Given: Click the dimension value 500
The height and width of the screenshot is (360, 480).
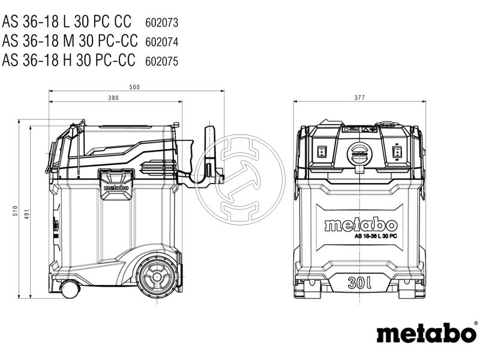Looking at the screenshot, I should pos(134,88).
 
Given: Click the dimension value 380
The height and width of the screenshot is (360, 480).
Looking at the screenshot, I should pos(113,98).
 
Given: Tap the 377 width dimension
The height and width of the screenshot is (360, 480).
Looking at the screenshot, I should pos(359,98).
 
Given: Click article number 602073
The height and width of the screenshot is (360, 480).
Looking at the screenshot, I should pos(162,22).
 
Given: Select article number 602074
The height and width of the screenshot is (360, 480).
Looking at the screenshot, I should pos(162,41).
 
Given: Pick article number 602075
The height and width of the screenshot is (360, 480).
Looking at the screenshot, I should pos(162,61).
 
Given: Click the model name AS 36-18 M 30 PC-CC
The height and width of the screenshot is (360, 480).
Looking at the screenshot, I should pos(70,41).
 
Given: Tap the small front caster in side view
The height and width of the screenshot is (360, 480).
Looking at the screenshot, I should pos(70,289).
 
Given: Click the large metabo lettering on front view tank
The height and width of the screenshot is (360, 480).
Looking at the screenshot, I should pos(360,225).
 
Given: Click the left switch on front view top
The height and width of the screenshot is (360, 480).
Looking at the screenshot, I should pos(322,151).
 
